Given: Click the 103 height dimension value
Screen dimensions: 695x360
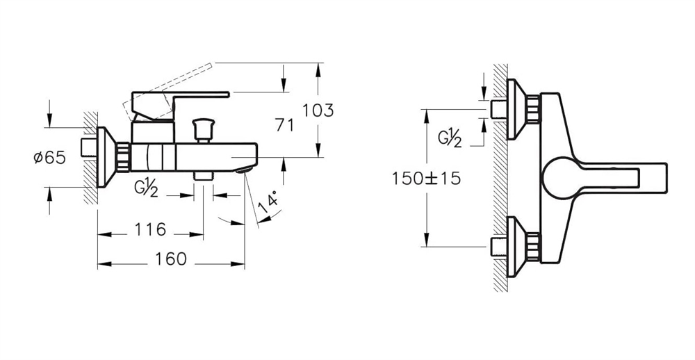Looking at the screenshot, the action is click(x=318, y=110).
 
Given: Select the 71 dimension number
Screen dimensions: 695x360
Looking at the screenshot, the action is click(x=284, y=126).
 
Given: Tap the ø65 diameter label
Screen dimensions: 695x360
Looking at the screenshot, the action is click(x=49, y=157).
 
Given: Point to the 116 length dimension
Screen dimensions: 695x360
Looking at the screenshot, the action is click(x=150, y=229).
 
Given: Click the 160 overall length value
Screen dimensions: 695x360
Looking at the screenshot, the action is click(x=171, y=259).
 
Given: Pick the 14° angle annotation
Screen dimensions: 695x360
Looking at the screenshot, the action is click(x=270, y=204).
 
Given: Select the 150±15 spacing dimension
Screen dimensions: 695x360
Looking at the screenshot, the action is click(x=426, y=178).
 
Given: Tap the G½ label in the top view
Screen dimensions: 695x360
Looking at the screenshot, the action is click(x=450, y=138).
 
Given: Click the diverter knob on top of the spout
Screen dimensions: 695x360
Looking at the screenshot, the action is click(x=202, y=128).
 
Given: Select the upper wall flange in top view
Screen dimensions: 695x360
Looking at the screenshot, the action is click(x=523, y=108).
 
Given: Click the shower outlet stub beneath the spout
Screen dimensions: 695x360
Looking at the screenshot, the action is click(x=204, y=176).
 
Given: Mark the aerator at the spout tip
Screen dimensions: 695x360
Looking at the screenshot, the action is click(x=244, y=169).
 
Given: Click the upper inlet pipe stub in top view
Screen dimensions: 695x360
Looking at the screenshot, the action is click(x=498, y=108).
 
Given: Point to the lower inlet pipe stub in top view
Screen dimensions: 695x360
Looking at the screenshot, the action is click(x=498, y=247).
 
